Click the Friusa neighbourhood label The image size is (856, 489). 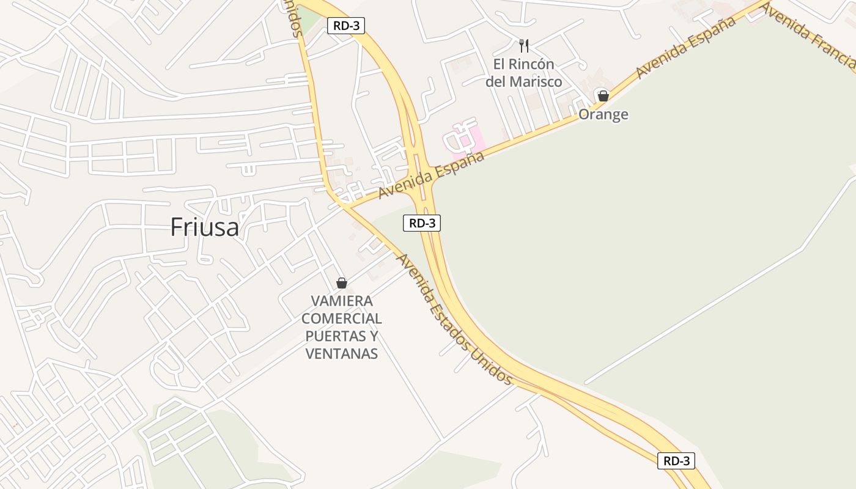coord(204,227)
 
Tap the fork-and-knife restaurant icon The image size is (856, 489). coord(523,45)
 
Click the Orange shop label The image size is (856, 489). coord(603,114)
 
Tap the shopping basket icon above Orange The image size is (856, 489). coord(603,96)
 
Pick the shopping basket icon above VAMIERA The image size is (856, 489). coord(342,283)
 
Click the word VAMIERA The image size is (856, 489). coord(342,301)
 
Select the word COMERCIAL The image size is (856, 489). coord(342,318)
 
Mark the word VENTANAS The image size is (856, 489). coord(342,353)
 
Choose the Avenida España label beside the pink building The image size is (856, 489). coord(432,174)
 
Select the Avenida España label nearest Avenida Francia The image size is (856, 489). coord(685,48)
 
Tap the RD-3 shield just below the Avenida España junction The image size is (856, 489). coord(422,223)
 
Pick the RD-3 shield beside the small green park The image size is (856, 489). coord(346,26)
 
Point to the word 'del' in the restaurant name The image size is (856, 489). coord(496,81)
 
